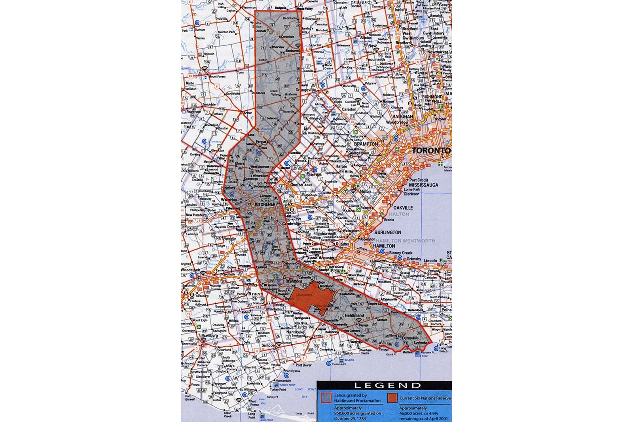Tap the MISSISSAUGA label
click(x=424, y=185)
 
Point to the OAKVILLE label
click(x=402, y=208)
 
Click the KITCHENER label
click(x=265, y=204)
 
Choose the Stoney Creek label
click(x=401, y=253)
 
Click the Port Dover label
click(x=303, y=365)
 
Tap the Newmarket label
click(x=437, y=52)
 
